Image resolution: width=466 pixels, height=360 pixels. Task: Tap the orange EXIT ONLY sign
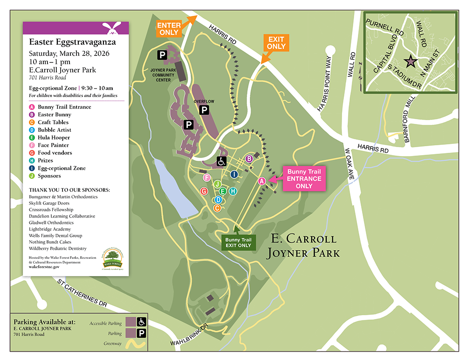pos(276,43)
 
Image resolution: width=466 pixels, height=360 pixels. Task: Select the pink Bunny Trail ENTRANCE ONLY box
pos(304,178)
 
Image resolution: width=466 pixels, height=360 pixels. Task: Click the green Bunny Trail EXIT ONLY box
pos(239,242)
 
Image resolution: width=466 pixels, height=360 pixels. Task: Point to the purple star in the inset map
pos(410,61)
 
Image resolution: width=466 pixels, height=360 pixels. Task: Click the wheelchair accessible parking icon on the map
pos(221,161)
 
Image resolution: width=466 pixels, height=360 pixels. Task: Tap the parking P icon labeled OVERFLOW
pos(204,110)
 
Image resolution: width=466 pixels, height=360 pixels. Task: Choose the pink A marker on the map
pos(261,181)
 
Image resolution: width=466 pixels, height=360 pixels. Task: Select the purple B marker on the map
pos(249,159)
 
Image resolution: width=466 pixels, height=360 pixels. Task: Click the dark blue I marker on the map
pos(234,174)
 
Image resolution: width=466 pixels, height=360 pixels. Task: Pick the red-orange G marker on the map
pos(204,191)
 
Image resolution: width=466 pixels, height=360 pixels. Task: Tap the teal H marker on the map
pos(233,191)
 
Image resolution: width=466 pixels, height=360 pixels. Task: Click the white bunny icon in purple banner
pos(111,28)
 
